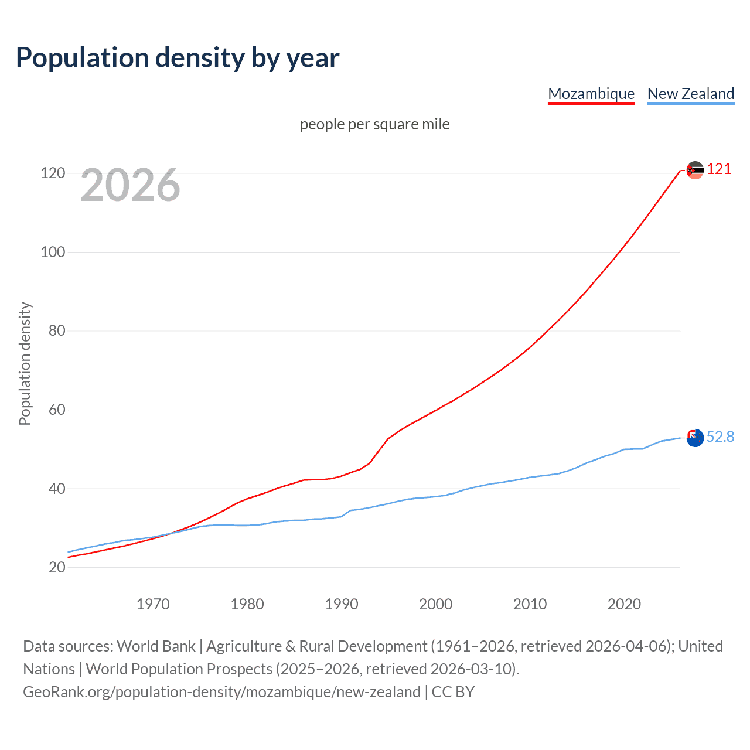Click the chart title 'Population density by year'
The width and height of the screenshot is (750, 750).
coord(178,58)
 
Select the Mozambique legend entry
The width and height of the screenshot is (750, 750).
coord(591,94)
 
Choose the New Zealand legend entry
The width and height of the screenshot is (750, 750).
coord(690,94)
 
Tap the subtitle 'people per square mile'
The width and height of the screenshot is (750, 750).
coord(374,124)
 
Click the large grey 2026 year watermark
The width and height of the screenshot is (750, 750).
coord(130,185)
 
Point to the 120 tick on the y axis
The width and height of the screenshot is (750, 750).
coord(53,173)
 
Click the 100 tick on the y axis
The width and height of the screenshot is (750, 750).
coord(53,252)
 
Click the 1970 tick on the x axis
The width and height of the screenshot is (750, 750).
coord(153,604)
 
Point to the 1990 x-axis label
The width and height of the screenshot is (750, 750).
coord(342,604)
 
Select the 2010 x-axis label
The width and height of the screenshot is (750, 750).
coord(530,604)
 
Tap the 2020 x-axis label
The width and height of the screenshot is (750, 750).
coord(624,604)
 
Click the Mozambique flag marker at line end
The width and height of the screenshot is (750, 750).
coord(695,171)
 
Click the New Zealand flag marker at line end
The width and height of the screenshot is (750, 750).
coord(695,438)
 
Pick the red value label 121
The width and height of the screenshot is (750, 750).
coord(719,169)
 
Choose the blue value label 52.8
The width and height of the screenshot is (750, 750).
coord(720,437)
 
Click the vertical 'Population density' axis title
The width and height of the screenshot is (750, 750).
coord(25,363)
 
